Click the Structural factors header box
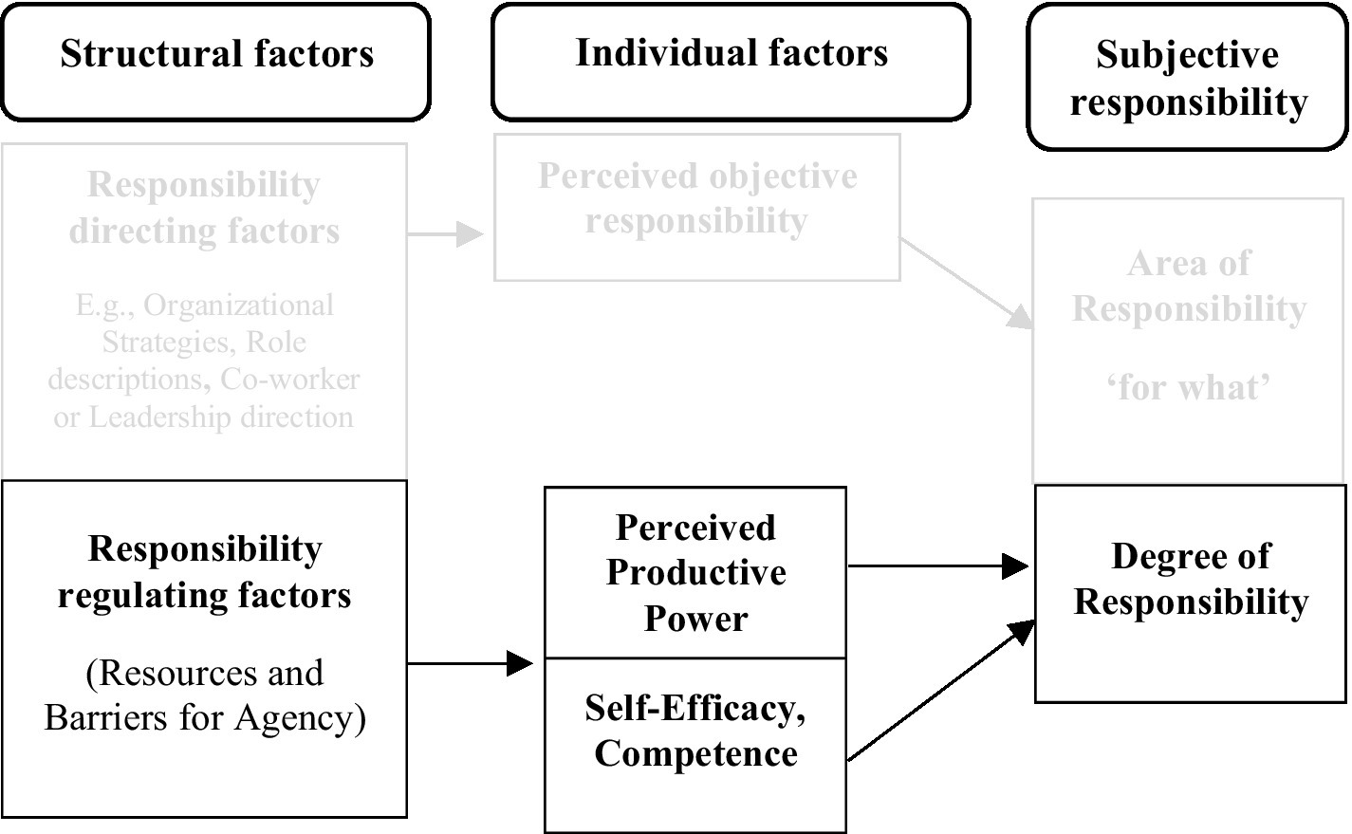click(215, 63)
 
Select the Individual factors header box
click(731, 63)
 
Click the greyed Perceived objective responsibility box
click(696, 208)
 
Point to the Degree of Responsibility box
click(1190, 593)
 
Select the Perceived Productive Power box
click(695, 572)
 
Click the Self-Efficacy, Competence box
click(695, 744)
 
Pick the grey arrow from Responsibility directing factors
click(446, 233)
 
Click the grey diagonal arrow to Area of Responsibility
click(968, 282)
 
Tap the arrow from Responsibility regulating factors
click(470, 663)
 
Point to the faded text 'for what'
click(1188, 387)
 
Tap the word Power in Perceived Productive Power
click(695, 619)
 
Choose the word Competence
click(695, 754)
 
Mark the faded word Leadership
click(152, 417)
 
